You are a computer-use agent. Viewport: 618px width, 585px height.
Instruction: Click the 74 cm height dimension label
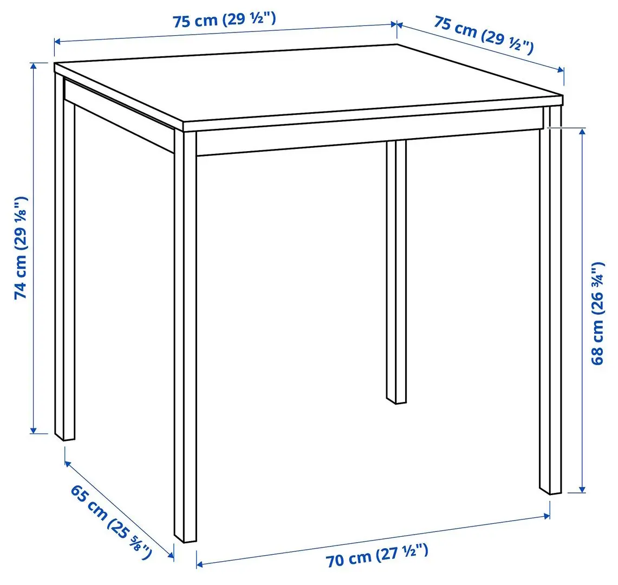(x=22, y=247)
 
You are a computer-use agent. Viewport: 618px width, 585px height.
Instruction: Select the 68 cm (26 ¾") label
(x=597, y=314)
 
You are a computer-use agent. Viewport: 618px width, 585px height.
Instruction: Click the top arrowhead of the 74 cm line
(x=34, y=65)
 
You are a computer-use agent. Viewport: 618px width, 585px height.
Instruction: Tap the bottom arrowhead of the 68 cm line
(x=583, y=490)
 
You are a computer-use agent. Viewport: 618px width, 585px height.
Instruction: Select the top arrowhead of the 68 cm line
(x=583, y=131)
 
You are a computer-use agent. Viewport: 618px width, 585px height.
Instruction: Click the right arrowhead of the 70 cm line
(x=548, y=517)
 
